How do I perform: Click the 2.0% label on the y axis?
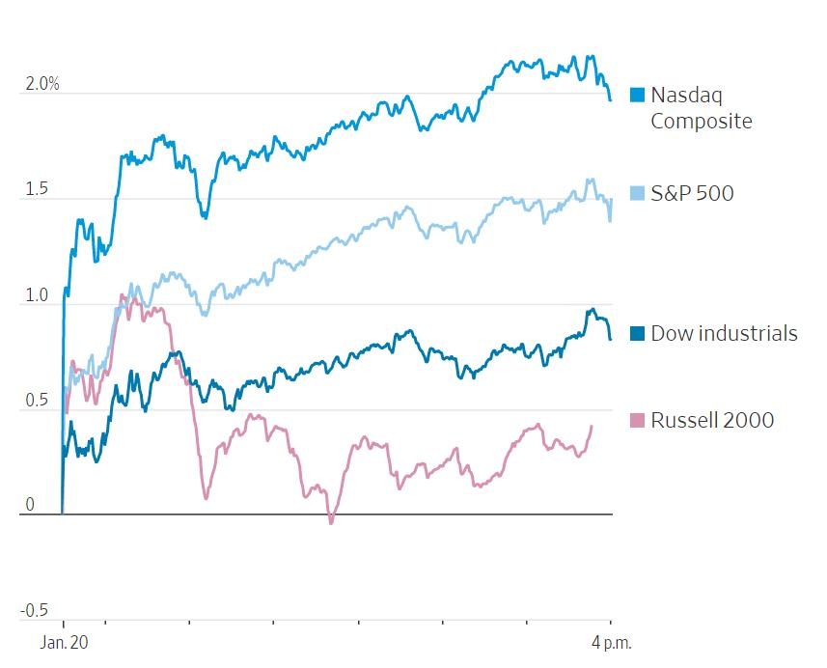pos(42,84)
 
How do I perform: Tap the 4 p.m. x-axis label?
pos(611,642)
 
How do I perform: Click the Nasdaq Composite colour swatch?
pos(637,95)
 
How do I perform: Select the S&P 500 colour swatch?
pos(637,193)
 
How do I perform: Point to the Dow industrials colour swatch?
pos(637,333)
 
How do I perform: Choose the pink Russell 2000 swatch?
pos(637,420)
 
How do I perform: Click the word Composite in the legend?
pos(701,121)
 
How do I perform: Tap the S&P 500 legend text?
pos(692,193)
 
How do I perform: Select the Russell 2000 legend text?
pos(712,420)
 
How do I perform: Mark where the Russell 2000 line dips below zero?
pos(331,521)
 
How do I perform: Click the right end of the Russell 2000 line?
pos(592,426)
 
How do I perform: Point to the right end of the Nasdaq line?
pos(610,99)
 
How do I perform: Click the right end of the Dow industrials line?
pos(610,339)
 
